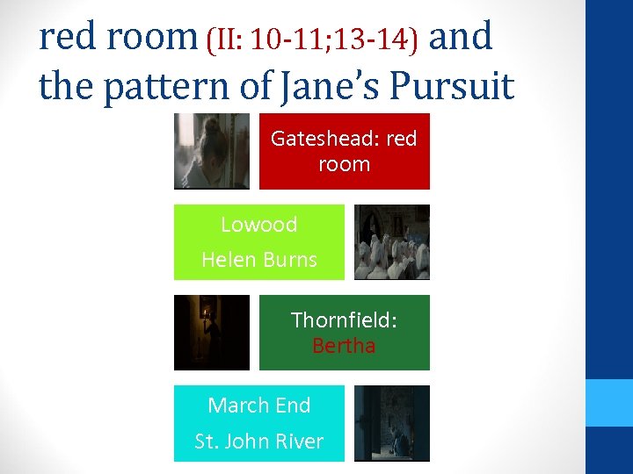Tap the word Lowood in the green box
(x=258, y=225)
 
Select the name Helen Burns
(x=259, y=260)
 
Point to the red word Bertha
(x=344, y=346)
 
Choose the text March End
(x=259, y=406)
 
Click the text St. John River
(x=259, y=441)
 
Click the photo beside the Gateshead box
(x=211, y=151)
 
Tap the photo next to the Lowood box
(x=392, y=242)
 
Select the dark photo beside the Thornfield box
(x=211, y=333)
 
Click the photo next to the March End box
(x=392, y=423)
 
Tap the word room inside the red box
(x=344, y=164)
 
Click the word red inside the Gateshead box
(x=402, y=139)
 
